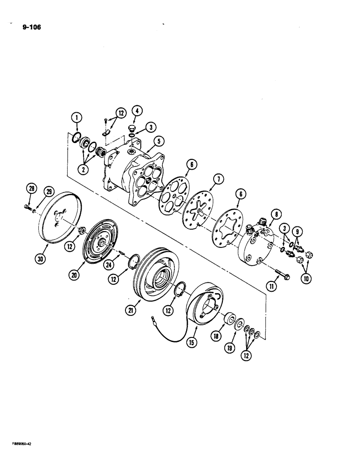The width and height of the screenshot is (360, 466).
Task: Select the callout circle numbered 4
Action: tap(136, 111)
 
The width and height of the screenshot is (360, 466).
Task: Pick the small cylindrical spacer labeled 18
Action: tap(228, 321)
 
